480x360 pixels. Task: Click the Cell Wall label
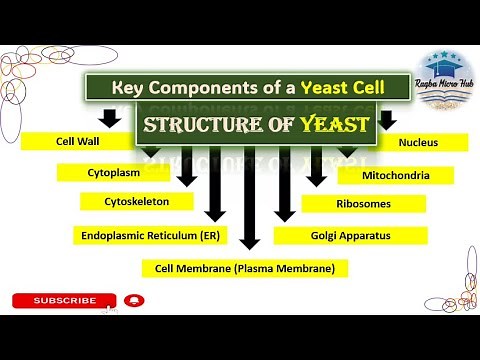tap(76, 143)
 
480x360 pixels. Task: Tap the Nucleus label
tap(417, 143)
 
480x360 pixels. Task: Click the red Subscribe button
tap(65, 300)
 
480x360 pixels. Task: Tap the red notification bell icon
tap(133, 300)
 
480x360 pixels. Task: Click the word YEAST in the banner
tap(330, 125)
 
